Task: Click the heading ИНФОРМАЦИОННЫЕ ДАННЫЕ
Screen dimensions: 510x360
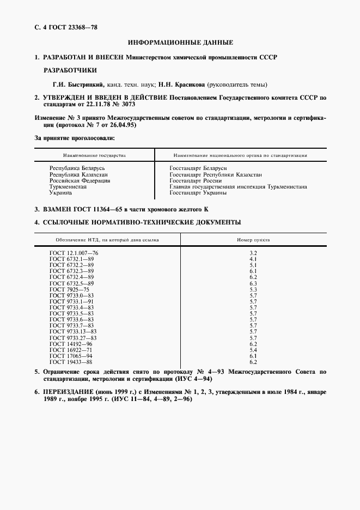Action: [180, 42]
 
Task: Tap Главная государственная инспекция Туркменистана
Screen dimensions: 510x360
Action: [238, 186]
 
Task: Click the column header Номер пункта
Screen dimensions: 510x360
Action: [253, 239]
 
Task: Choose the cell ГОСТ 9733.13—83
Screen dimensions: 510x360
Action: [73, 331]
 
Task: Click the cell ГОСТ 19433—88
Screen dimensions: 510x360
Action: [71, 362]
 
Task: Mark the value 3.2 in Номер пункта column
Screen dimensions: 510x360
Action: [253, 253]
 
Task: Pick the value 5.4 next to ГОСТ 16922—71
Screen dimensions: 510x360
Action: [253, 349]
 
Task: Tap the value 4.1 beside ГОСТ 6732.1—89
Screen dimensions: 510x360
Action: [253, 259]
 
